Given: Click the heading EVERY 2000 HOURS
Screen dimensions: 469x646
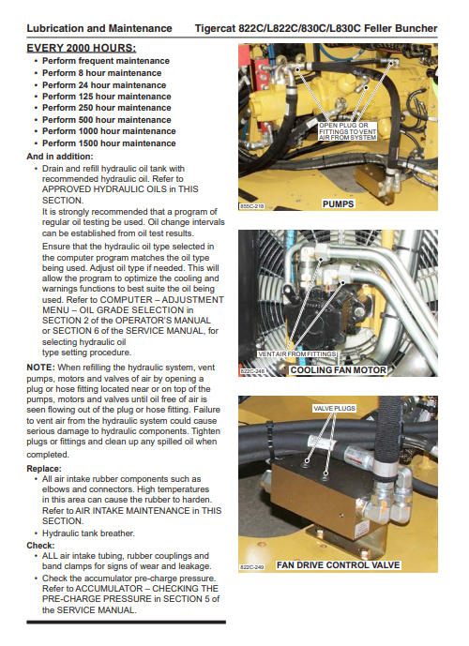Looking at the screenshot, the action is tap(82, 48).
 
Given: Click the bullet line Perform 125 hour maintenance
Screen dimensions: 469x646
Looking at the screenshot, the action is tap(106, 97).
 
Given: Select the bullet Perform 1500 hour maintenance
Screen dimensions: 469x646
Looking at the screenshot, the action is tap(109, 143).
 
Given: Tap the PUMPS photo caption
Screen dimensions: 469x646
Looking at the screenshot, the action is tap(338, 204).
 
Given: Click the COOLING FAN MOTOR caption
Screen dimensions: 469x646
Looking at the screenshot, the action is tap(338, 370).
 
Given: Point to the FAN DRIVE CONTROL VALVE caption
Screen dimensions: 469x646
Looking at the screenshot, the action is tap(338, 564).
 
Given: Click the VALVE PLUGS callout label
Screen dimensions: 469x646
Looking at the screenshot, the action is tap(334, 408).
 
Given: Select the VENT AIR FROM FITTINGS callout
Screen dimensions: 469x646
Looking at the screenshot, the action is tap(296, 353).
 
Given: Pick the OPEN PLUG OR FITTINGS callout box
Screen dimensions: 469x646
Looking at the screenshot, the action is tap(347, 131).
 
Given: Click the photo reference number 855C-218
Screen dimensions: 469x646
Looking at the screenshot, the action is tap(251, 205).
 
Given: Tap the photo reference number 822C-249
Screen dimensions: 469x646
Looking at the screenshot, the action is tap(251, 567).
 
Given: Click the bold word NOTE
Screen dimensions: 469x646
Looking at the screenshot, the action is tap(40, 368).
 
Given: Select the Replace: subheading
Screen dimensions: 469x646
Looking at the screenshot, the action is tap(44, 469).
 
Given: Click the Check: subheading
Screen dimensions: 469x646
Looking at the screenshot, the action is tap(40, 546).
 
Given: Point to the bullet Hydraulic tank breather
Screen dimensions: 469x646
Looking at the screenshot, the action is tap(88, 533).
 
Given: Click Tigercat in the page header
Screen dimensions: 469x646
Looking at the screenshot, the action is tap(215, 28).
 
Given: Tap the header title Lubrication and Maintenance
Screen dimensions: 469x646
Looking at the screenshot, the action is tap(99, 28).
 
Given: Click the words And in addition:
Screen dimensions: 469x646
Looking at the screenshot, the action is tap(60, 157).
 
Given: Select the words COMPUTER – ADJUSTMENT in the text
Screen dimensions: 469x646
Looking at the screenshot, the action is tap(162, 300).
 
